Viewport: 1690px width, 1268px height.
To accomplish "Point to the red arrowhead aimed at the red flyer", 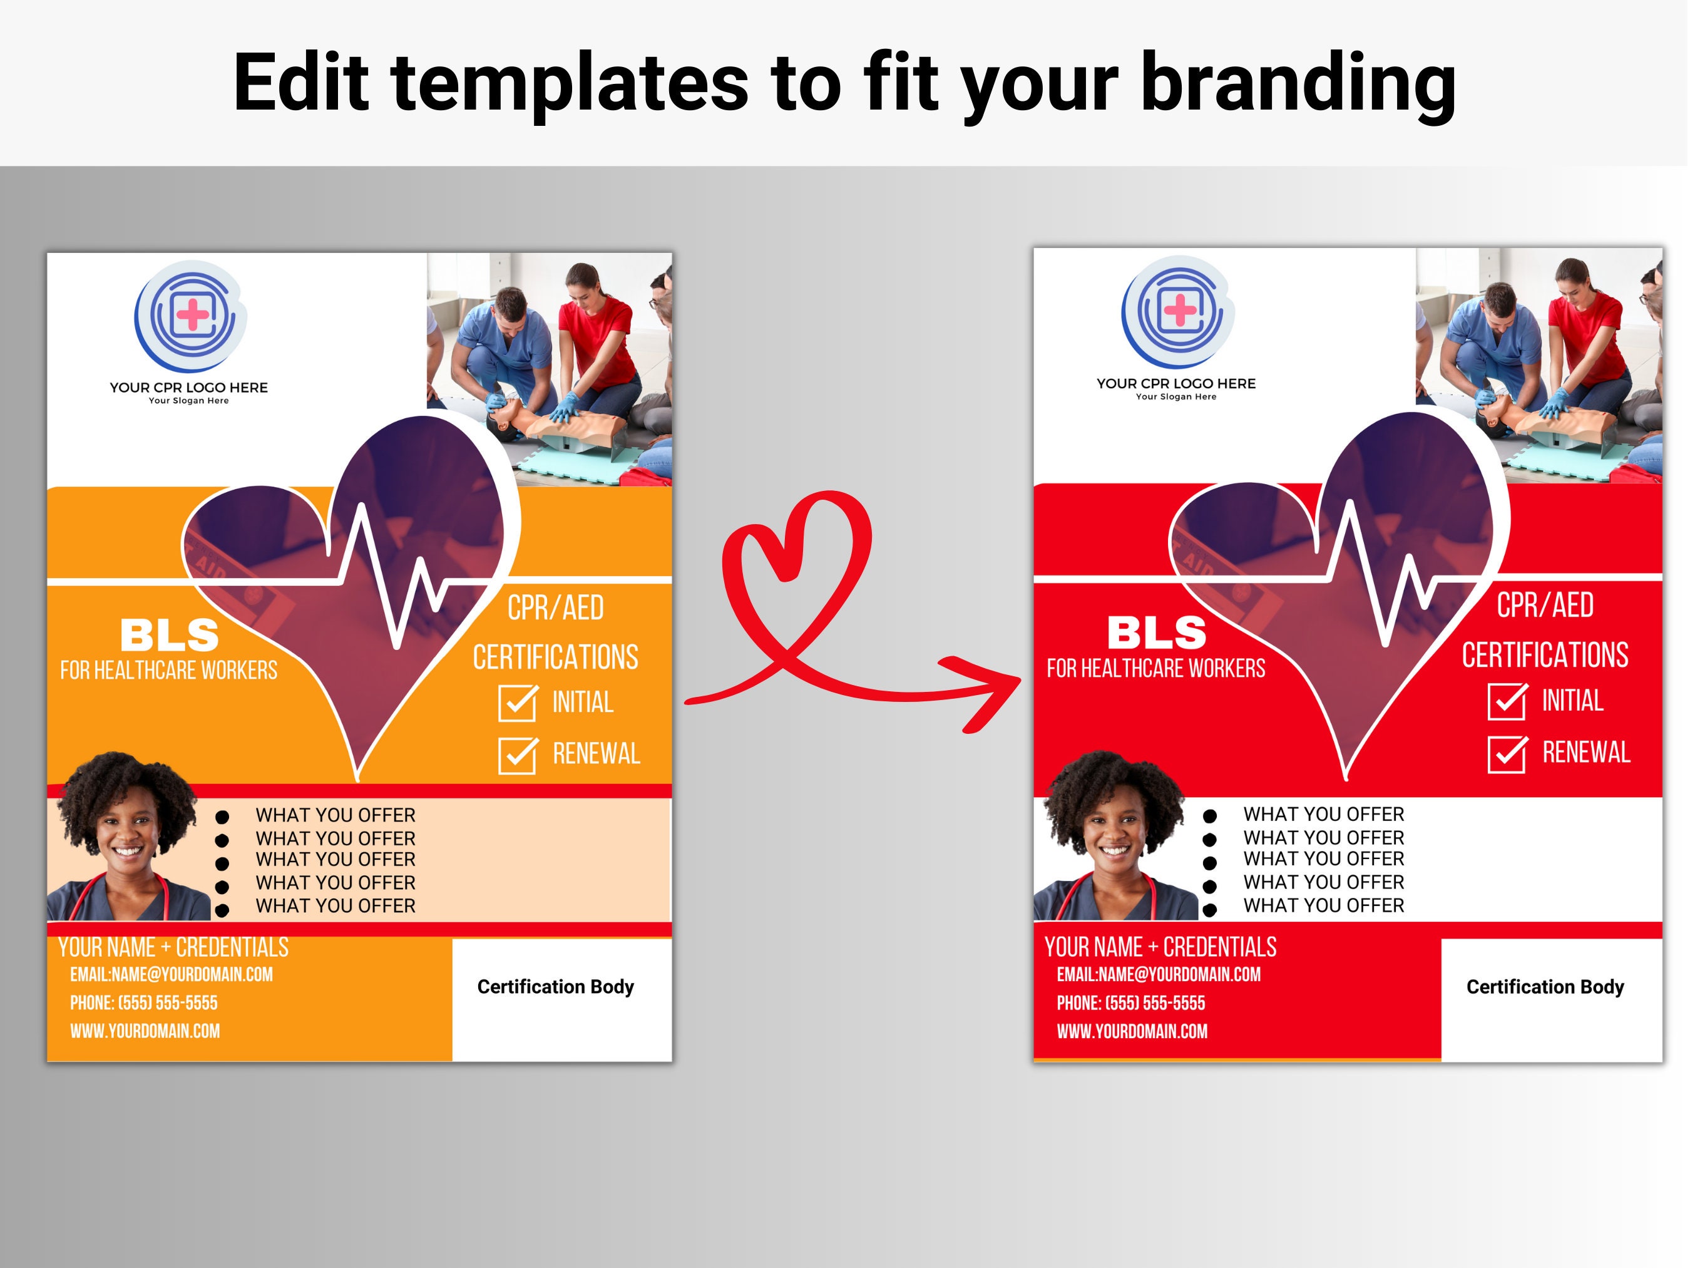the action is [x=986, y=692].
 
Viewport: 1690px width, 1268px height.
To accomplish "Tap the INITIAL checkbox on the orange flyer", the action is [x=517, y=703].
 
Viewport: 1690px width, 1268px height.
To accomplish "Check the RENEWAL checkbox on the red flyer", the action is [x=1507, y=754].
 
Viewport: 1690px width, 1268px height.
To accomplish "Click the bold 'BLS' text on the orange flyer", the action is [x=170, y=635].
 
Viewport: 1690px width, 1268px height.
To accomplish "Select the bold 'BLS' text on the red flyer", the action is [x=1157, y=633].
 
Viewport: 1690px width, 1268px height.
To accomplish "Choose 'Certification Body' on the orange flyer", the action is [x=555, y=987].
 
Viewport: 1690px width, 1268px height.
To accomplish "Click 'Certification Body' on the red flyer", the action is [x=1545, y=987].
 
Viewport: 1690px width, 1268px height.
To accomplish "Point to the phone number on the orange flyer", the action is [x=143, y=1003].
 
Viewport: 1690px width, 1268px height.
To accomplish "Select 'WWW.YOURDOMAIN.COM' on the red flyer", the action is [x=1132, y=1031].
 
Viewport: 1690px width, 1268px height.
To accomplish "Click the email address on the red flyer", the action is [x=1158, y=974].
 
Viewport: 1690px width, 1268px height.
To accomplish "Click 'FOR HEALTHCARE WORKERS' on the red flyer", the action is [x=1156, y=669].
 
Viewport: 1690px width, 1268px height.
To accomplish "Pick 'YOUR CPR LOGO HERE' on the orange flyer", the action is [x=188, y=388].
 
